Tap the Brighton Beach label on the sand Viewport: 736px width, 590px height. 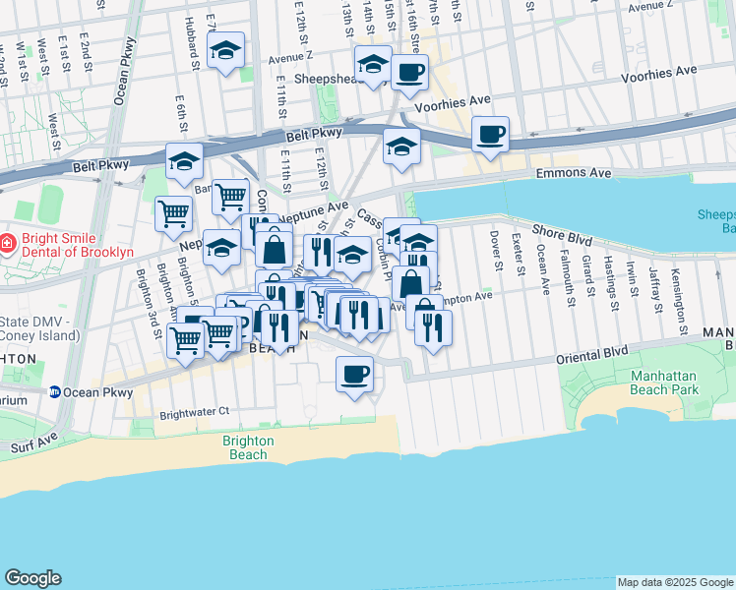tap(245, 447)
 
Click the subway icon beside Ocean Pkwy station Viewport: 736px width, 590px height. tap(56, 391)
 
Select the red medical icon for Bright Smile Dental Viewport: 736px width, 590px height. tap(7, 242)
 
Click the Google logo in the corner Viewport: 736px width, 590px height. tap(32, 578)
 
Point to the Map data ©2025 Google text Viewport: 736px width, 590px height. tap(673, 582)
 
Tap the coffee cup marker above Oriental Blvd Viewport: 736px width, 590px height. tap(354, 374)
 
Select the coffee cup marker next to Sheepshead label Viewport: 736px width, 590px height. tap(409, 70)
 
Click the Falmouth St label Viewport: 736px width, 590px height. tap(568, 277)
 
